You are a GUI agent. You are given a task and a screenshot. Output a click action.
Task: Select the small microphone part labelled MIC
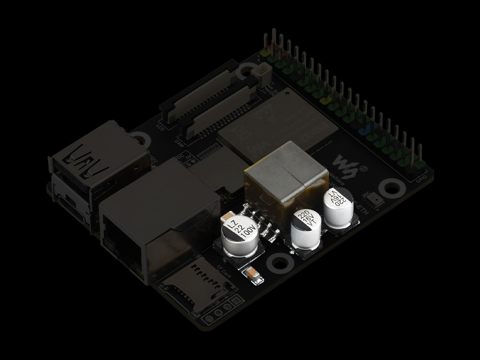tap(376, 200)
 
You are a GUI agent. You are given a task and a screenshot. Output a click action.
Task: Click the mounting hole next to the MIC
tap(391, 189)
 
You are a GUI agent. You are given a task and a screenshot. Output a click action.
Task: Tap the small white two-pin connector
tap(260, 77)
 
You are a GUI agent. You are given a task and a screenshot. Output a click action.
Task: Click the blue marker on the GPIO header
tap(364, 128)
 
